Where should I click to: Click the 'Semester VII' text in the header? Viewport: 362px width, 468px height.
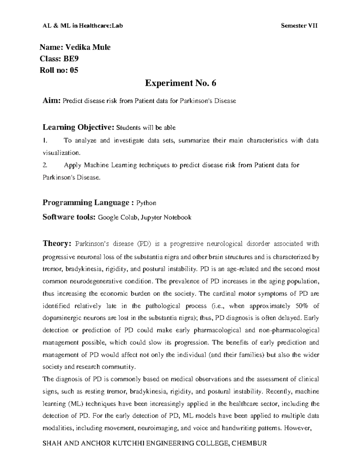(x=299, y=26)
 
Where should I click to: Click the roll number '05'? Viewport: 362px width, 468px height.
(x=74, y=71)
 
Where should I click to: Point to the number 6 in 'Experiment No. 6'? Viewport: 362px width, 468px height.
(x=214, y=83)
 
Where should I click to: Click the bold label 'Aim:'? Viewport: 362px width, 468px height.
(x=52, y=101)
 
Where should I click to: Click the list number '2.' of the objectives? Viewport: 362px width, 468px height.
(x=45, y=165)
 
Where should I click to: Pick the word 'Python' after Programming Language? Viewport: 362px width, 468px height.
(x=146, y=203)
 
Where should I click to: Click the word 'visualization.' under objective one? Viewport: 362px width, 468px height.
(x=62, y=153)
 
